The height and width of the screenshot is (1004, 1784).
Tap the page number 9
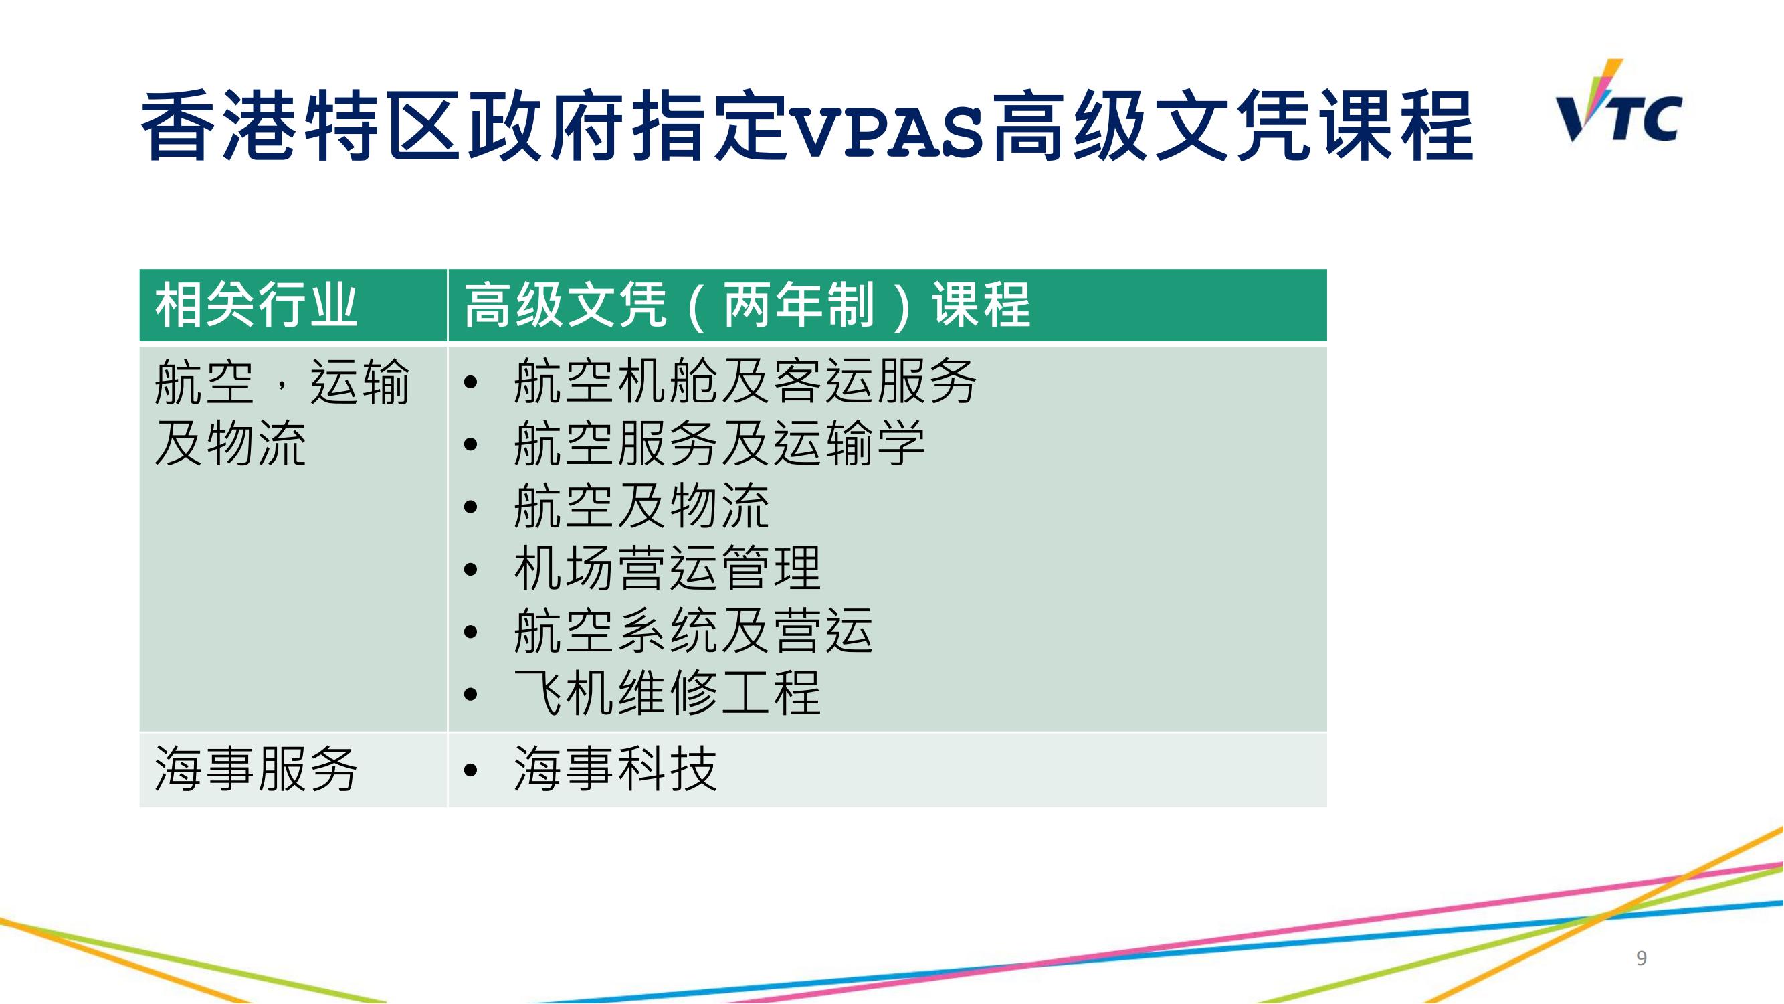click(x=1642, y=958)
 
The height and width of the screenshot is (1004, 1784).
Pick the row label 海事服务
click(x=256, y=769)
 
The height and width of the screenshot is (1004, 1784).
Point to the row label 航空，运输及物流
click(x=282, y=412)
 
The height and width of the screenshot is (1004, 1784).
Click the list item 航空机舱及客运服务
click(x=745, y=381)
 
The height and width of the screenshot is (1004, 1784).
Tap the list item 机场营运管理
click(x=668, y=568)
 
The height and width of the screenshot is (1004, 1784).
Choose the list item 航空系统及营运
click(x=693, y=631)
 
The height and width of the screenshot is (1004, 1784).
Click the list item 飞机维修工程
click(x=668, y=693)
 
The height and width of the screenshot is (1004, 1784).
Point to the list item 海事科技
click(x=615, y=769)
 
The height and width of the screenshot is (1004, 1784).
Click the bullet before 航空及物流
click(x=471, y=507)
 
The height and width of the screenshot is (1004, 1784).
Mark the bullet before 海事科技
click(x=471, y=770)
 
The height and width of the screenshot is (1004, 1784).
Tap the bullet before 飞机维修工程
click(x=471, y=694)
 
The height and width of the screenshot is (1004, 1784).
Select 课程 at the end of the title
click(x=1397, y=126)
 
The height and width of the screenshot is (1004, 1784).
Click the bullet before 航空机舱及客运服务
click(x=471, y=382)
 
